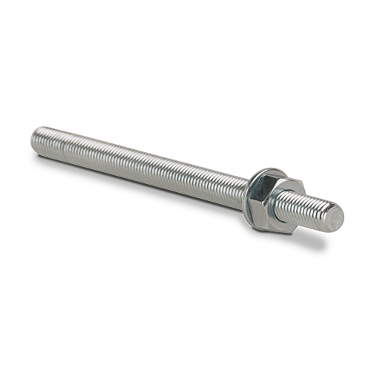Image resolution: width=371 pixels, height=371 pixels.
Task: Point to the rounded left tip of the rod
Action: point(36,134)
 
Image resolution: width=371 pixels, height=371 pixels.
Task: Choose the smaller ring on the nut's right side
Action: point(288,201)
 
